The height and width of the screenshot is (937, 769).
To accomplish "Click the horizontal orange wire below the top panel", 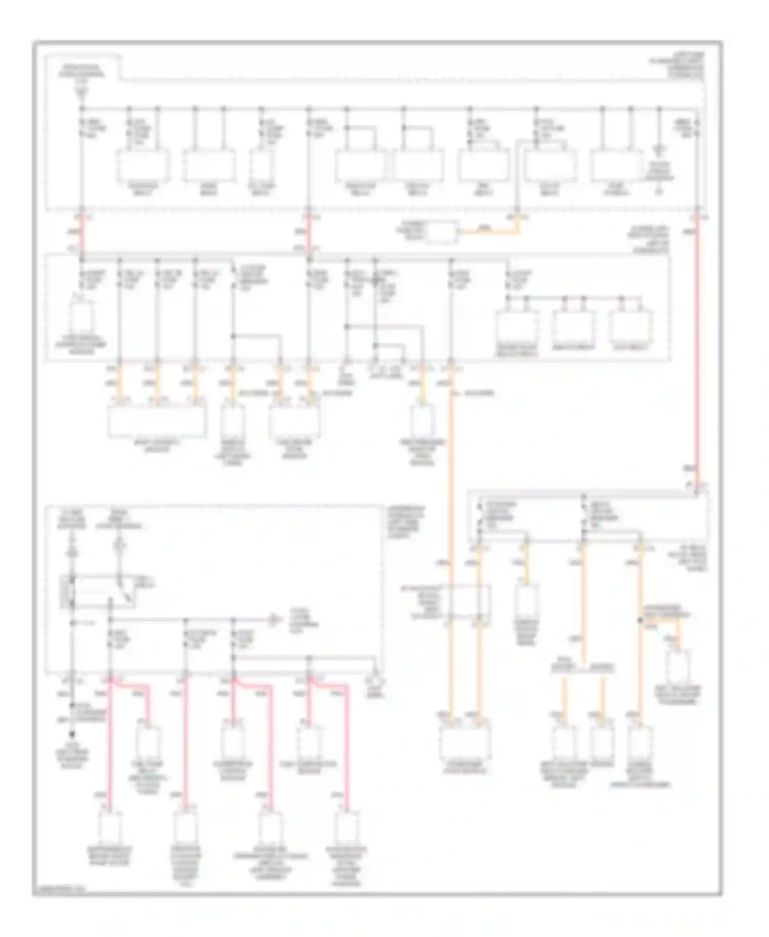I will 487,231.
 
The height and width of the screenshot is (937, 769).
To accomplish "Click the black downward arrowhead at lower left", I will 72,734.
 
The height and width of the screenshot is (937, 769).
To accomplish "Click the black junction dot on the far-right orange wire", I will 640,620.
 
